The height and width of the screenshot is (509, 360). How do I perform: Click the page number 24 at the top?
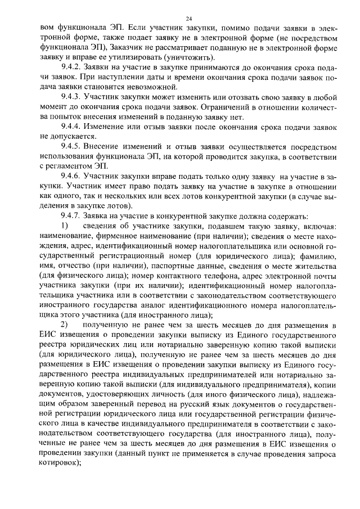point(180,19)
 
